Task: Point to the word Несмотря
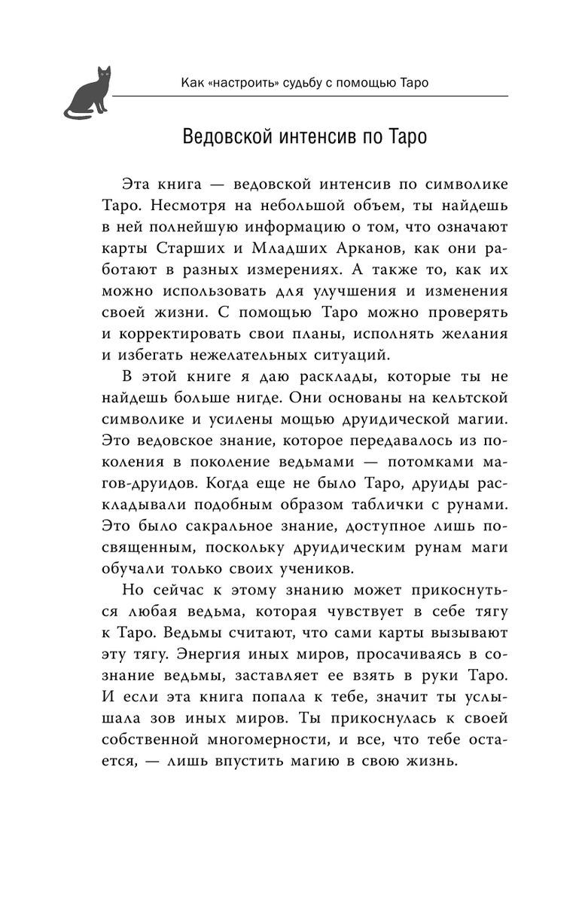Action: (177, 206)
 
